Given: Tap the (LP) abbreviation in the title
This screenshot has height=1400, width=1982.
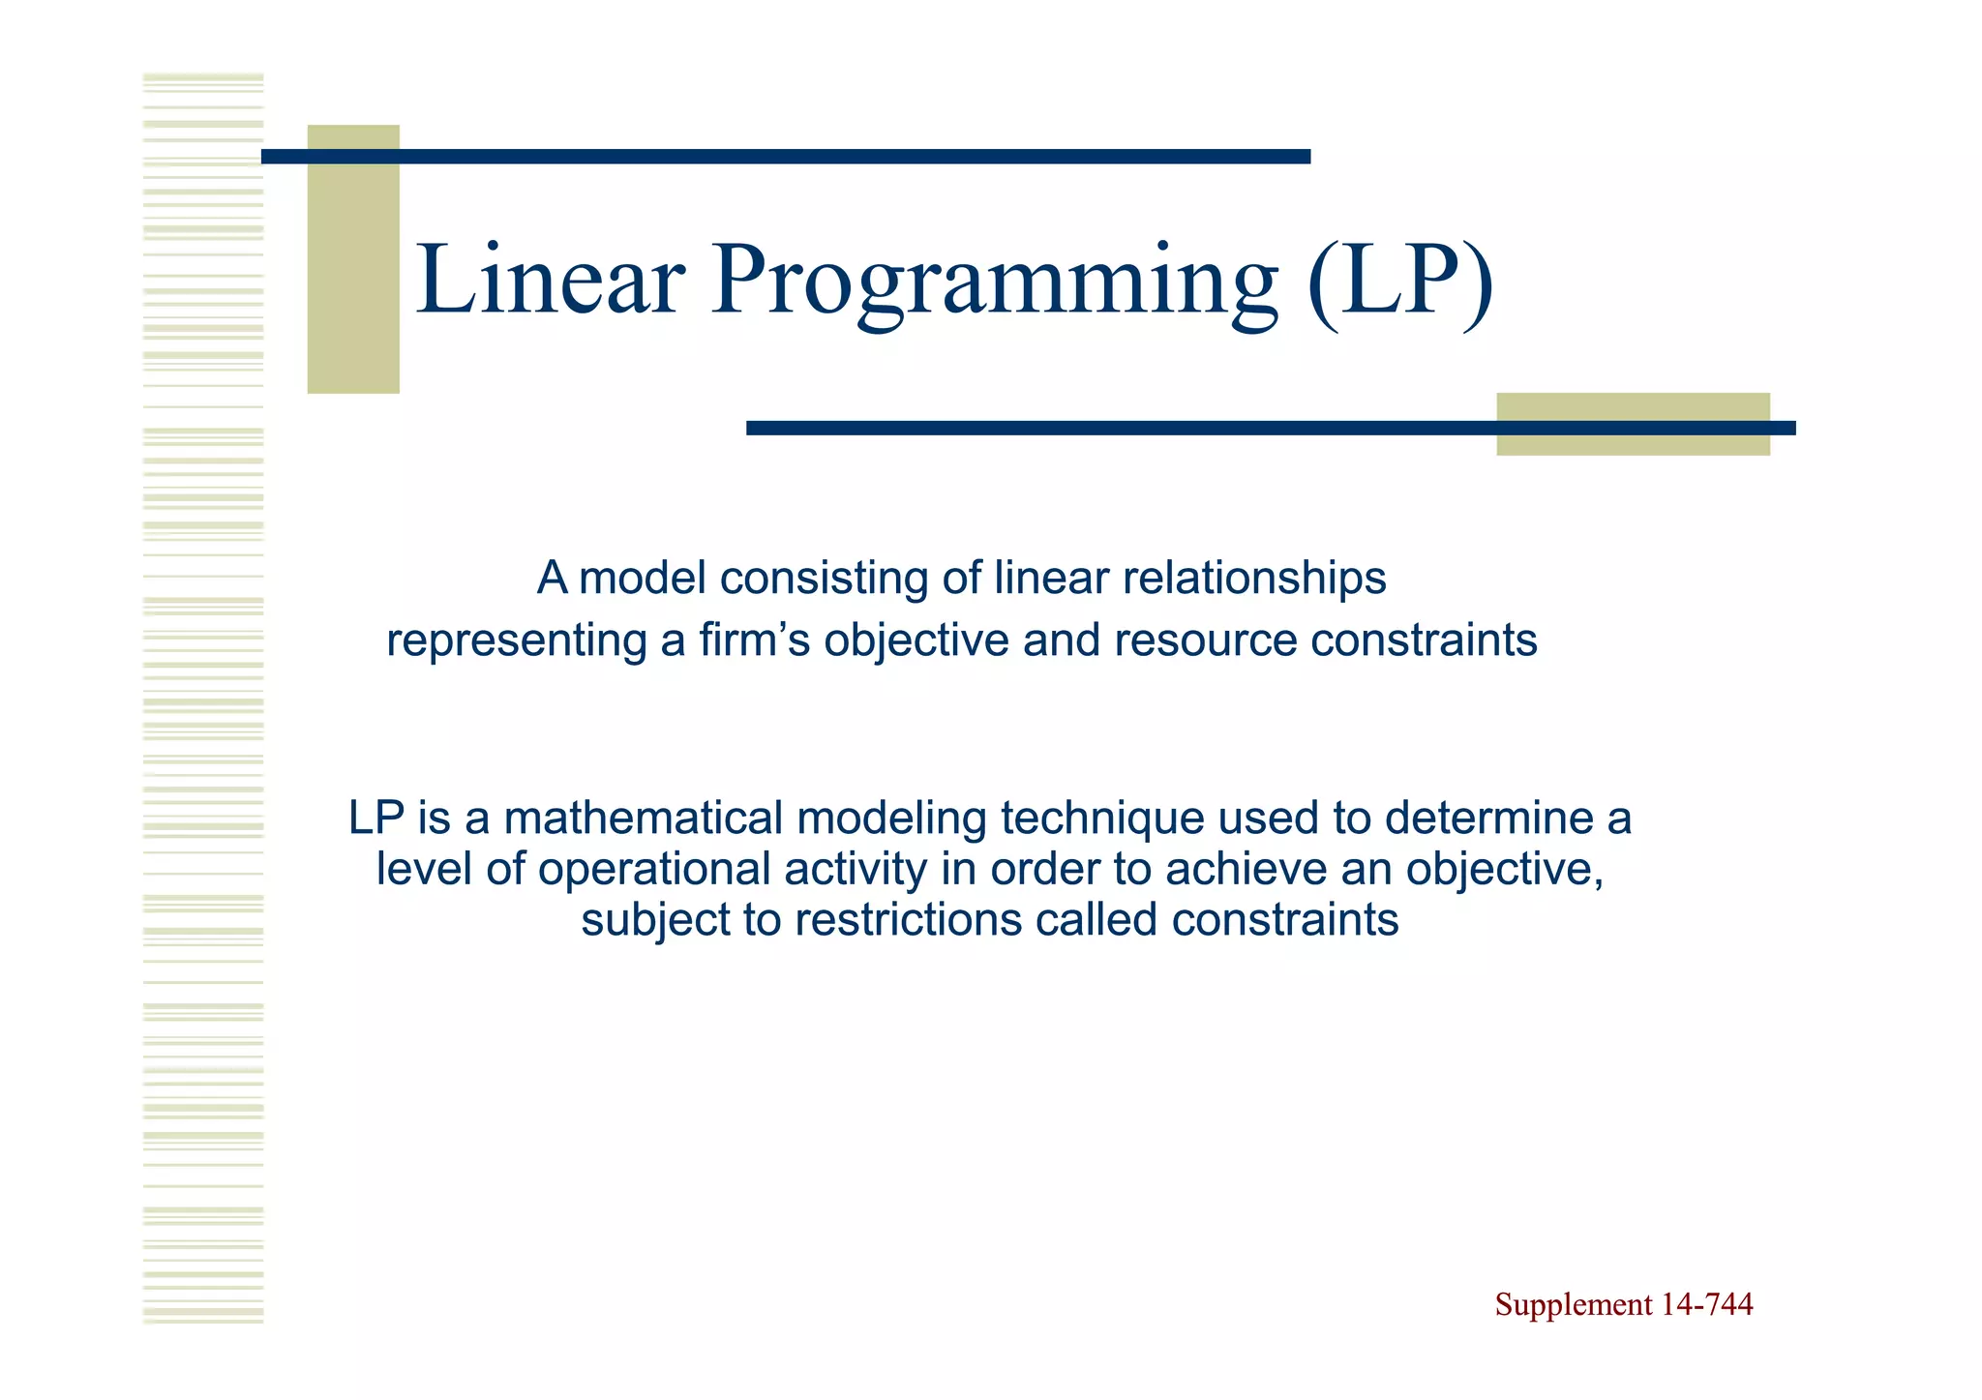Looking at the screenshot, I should tap(1399, 281).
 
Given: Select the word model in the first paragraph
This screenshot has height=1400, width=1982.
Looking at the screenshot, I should tap(642, 579).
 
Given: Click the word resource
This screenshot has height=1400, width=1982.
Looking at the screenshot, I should tap(1205, 640).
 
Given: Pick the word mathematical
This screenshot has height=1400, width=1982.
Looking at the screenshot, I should tap(643, 819).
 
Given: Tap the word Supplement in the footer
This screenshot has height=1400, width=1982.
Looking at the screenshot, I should tap(1573, 1305).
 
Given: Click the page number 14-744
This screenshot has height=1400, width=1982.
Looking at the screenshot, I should tap(1706, 1305).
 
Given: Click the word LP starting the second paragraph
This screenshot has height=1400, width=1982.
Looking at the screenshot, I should tap(375, 819).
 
